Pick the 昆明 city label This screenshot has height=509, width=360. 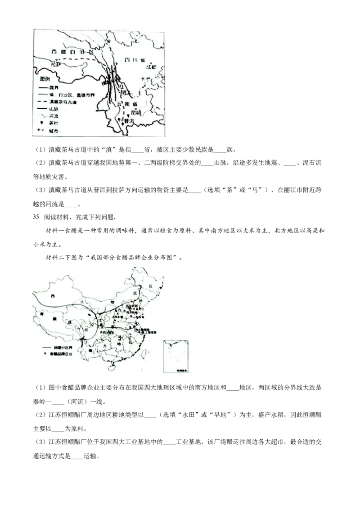tap(136, 113)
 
